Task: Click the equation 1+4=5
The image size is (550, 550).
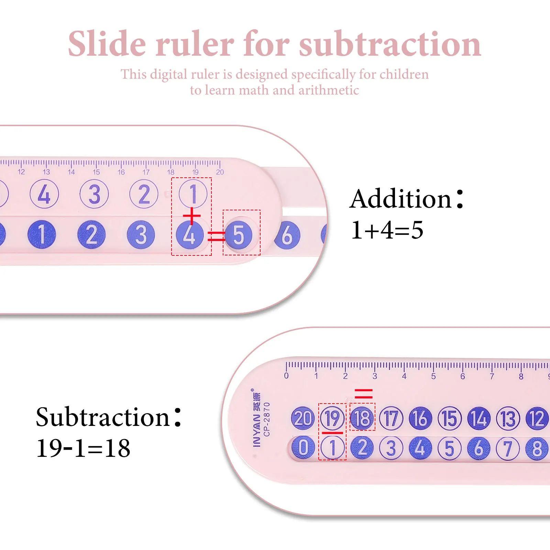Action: click(x=387, y=230)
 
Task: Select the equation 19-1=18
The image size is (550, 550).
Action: click(x=83, y=448)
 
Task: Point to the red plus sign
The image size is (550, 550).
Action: click(x=191, y=216)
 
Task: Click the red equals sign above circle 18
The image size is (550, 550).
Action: click(x=363, y=394)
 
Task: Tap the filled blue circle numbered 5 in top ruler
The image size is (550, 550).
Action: click(x=239, y=235)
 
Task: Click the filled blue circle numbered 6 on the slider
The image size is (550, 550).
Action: click(x=287, y=235)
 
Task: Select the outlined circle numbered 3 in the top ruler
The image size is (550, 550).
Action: click(x=94, y=194)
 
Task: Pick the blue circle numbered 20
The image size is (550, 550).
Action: click(x=303, y=418)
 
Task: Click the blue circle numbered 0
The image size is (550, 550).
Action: click(x=303, y=448)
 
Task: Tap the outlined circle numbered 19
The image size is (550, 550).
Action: click(x=332, y=418)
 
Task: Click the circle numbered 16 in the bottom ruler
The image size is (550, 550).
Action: click(x=420, y=419)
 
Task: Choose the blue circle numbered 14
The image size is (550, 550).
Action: click(x=479, y=419)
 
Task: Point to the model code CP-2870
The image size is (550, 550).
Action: click(x=267, y=419)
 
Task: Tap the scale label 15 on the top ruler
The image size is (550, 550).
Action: click(x=96, y=172)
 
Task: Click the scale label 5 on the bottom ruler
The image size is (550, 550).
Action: click(x=433, y=376)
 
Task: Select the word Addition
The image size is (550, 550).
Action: click(x=400, y=199)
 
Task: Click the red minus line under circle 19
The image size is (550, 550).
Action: click(x=332, y=433)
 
